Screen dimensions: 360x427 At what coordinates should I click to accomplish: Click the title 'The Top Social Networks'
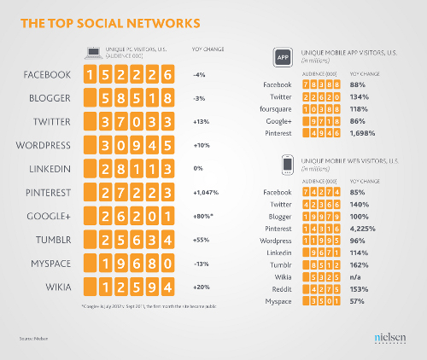pyautogui.click(x=110, y=19)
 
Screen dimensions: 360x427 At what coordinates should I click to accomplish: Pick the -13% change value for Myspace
pyautogui.click(x=201, y=264)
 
